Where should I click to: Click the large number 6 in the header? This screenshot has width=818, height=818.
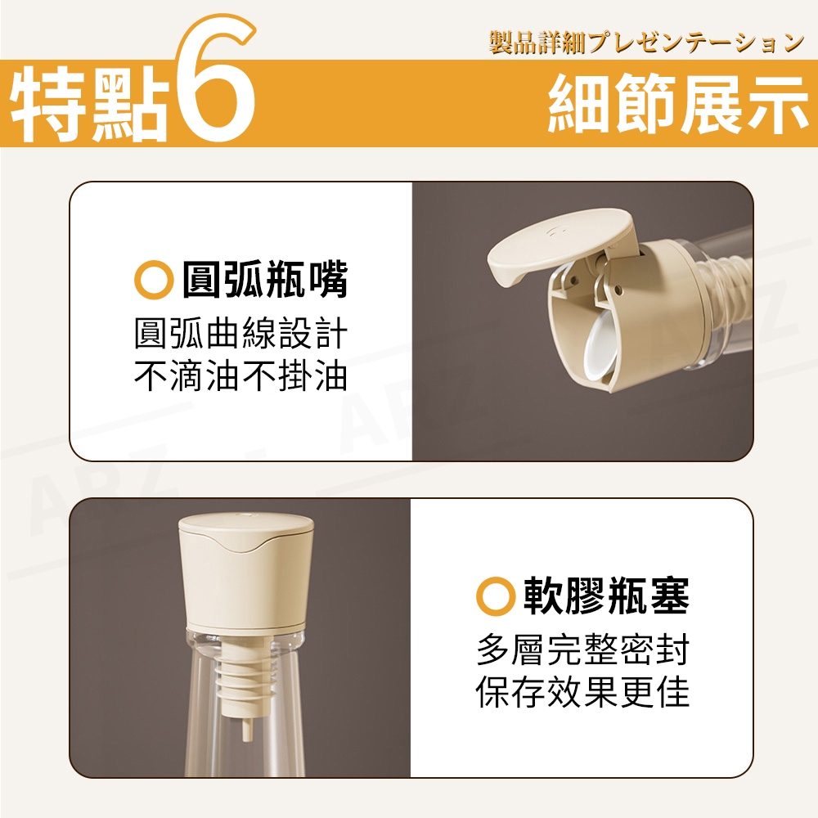(215, 79)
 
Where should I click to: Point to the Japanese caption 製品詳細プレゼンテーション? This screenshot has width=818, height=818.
(647, 43)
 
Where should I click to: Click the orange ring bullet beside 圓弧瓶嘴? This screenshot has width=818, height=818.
(154, 281)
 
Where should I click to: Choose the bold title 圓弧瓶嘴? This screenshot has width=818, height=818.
(264, 281)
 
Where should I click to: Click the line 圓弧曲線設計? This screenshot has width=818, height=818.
(240, 334)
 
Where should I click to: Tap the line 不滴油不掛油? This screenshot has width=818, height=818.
(240, 375)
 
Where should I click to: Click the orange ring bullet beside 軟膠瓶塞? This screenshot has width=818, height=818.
(496, 596)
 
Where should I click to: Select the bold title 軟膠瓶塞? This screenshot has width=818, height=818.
(607, 596)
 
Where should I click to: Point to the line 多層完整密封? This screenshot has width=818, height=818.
(582, 649)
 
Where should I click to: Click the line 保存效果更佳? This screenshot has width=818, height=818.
(582, 691)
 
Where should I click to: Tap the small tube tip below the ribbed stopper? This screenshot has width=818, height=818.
(245, 729)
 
